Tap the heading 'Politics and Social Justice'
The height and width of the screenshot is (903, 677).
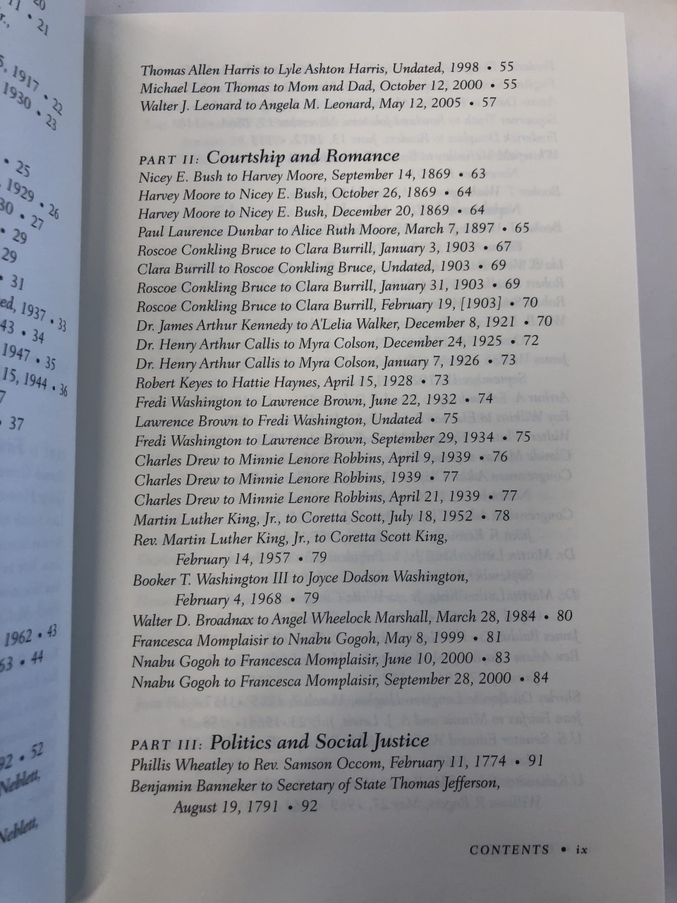pyautogui.click(x=319, y=741)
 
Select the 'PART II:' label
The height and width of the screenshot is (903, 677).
pyautogui.click(x=169, y=157)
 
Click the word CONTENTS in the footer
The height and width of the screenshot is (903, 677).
pyautogui.click(x=509, y=849)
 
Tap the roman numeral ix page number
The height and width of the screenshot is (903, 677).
pyautogui.click(x=581, y=850)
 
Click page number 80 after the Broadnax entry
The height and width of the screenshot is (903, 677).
pyautogui.click(x=564, y=615)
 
